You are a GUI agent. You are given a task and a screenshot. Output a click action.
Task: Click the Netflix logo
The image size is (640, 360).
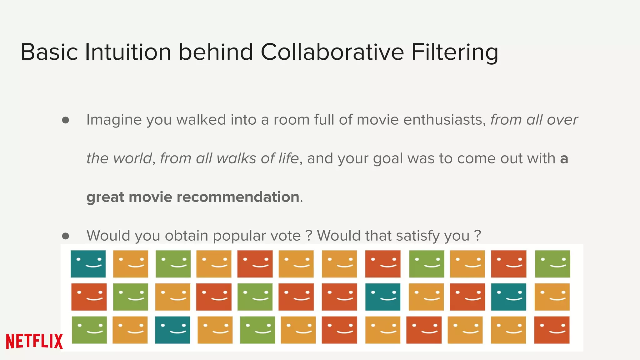tap(34, 341)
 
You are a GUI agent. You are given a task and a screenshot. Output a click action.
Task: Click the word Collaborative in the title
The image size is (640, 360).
tap(332, 52)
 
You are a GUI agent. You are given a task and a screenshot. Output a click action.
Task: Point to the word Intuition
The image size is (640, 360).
tap(128, 52)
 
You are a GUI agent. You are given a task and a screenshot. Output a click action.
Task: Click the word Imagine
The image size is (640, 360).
tap(114, 120)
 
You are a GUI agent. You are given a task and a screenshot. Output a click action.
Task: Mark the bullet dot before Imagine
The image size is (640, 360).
tap(66, 120)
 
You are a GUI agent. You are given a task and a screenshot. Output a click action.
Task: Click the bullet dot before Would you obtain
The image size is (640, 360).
tap(66, 236)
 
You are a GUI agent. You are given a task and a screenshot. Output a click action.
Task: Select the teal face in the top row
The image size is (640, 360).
tap(88, 264)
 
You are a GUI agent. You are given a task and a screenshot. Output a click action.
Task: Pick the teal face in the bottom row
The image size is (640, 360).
tap(172, 330)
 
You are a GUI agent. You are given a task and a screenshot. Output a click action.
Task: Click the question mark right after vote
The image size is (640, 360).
tap(309, 236)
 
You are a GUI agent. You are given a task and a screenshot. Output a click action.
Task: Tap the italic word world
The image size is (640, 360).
tap(132, 158)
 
